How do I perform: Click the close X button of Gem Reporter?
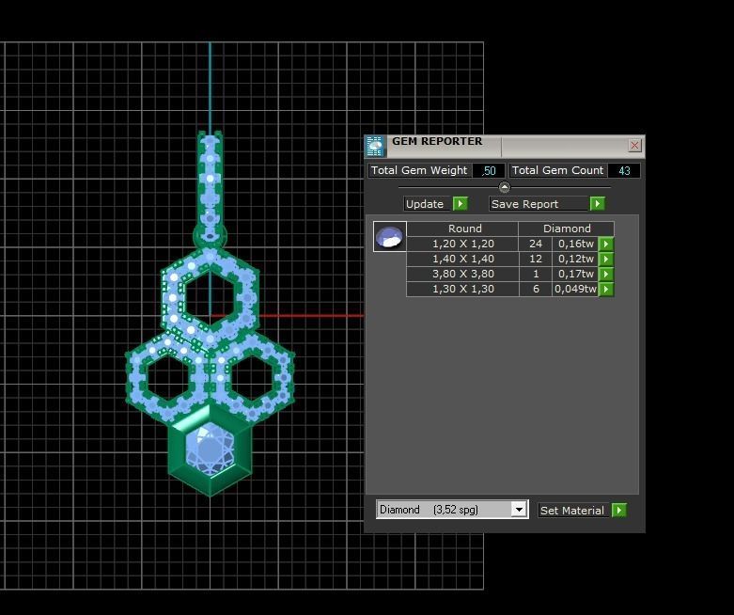[634, 146]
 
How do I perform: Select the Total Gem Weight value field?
[488, 170]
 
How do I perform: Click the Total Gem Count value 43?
[624, 170]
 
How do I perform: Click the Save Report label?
[524, 204]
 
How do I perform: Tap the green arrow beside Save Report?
[597, 204]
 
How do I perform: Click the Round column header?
[464, 229]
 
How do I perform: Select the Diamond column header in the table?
[567, 229]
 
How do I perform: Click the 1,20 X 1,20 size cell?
[462, 244]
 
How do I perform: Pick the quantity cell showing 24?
[536, 244]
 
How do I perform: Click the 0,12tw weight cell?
[574, 259]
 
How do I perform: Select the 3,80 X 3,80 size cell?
[462, 274]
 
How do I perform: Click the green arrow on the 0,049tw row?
[606, 290]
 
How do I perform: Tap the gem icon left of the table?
[389, 236]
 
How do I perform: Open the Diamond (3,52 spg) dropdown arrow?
[518, 510]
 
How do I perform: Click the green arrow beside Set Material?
[618, 510]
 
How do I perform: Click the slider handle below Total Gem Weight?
[504, 187]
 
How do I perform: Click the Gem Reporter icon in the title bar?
[375, 146]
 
